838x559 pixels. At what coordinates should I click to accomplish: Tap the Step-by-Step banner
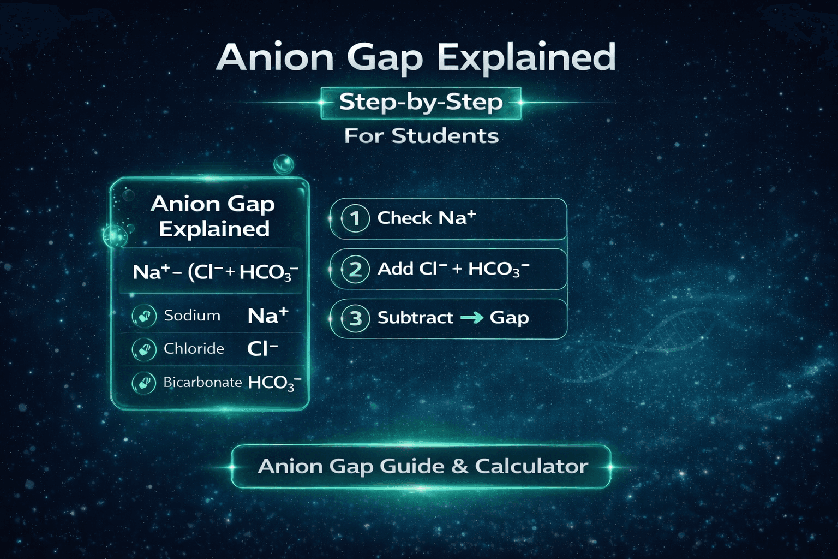421,103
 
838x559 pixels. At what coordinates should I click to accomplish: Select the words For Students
421,136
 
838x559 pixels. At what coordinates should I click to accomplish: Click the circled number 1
355,218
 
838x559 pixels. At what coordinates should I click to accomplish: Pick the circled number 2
355,269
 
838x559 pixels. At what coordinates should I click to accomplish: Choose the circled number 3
355,318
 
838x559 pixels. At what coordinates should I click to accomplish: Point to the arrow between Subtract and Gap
472,317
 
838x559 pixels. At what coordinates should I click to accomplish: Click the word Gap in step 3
509,318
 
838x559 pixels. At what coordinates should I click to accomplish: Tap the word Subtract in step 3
415,318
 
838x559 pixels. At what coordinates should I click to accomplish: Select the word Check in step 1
404,218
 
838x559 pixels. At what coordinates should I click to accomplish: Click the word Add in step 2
395,269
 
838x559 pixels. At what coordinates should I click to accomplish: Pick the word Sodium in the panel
192,316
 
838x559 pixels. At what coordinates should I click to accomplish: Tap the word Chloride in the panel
194,349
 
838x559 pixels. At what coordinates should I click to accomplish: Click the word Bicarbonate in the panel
202,382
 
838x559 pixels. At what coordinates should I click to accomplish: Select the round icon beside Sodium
144,316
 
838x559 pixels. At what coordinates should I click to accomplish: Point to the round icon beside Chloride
144,349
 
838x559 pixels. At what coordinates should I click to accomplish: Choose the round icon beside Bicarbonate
144,383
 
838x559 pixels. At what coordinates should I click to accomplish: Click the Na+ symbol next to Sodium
267,316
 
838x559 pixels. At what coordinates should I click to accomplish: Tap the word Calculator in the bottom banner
531,466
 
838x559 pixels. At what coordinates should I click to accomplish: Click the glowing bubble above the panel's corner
283,163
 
